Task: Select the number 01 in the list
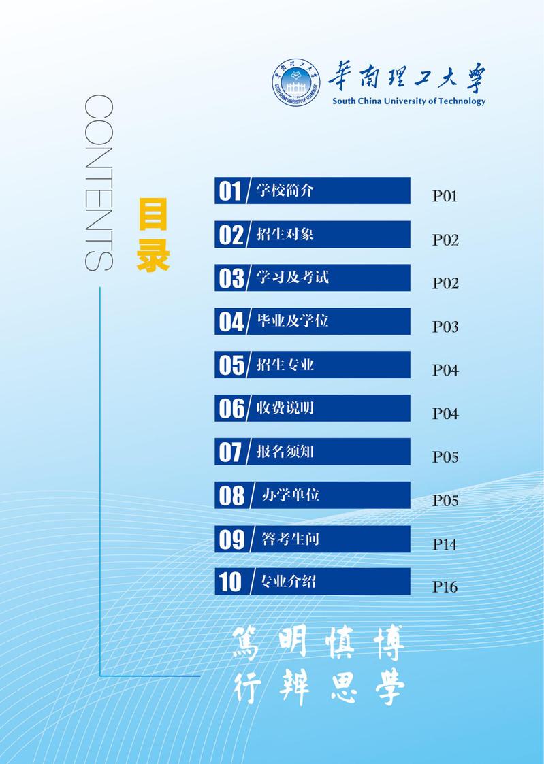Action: pyautogui.click(x=230, y=191)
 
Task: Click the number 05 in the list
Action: pyautogui.click(x=231, y=365)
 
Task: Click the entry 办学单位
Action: pyautogui.click(x=291, y=495)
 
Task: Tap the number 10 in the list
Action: pyautogui.click(x=230, y=582)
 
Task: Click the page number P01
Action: pyautogui.click(x=445, y=197)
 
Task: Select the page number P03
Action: pyautogui.click(x=445, y=327)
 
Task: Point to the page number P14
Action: pyautogui.click(x=445, y=545)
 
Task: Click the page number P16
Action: pyautogui.click(x=445, y=588)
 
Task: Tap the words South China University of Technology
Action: pyautogui.click(x=409, y=101)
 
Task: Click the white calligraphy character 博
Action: pyautogui.click(x=385, y=643)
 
